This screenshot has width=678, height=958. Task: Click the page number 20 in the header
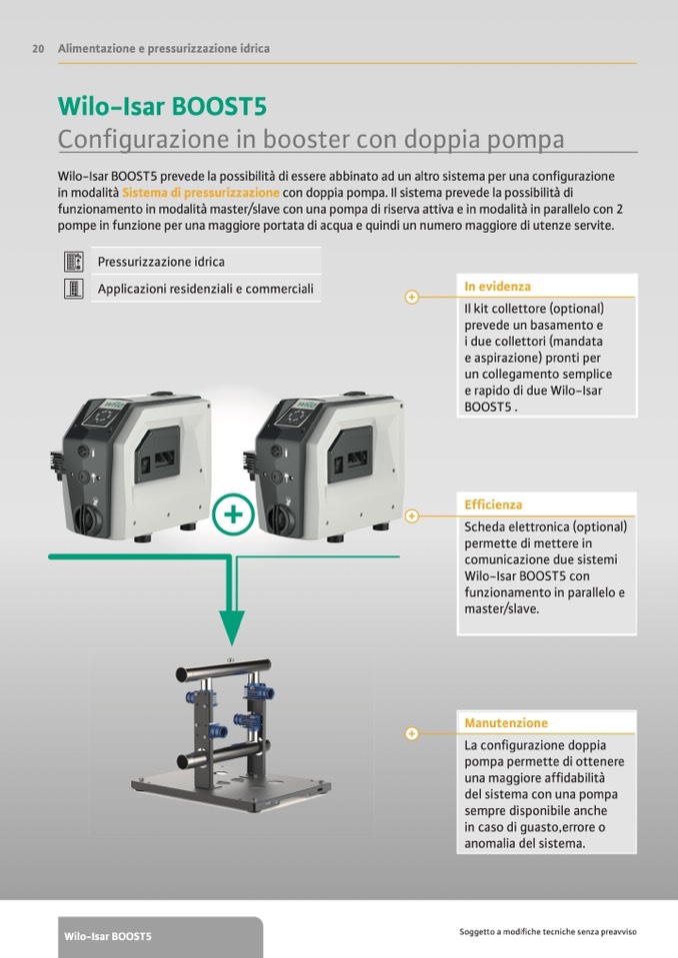[x=38, y=49]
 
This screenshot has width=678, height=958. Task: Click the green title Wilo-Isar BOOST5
[x=162, y=106]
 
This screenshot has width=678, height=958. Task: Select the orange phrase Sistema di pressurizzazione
[x=201, y=193]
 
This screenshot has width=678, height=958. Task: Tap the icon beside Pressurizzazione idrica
[x=73, y=262]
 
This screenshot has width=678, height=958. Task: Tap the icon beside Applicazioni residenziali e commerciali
[x=73, y=289]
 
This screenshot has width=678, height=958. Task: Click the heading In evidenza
[x=497, y=286]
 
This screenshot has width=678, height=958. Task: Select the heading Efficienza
[x=493, y=504]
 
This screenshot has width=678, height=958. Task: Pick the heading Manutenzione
[x=506, y=723]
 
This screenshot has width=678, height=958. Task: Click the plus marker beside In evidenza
[x=411, y=297]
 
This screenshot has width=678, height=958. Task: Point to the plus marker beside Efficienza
[x=411, y=515]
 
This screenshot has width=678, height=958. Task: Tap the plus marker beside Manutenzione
[x=411, y=733]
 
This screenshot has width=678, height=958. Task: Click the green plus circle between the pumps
[x=232, y=514]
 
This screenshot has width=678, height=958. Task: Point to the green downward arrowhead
[x=232, y=627]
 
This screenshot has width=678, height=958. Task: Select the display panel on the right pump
[x=297, y=417]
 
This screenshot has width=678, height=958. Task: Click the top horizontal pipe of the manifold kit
[x=223, y=669]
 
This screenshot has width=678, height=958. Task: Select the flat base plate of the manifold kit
[x=231, y=786]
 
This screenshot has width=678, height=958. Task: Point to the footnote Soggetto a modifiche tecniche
[x=548, y=932]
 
